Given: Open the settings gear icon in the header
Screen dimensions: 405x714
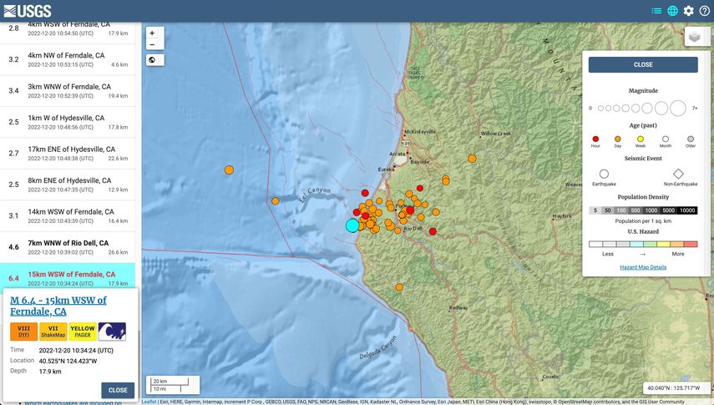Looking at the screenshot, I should (688, 11).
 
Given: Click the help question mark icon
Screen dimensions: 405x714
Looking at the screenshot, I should (705, 11).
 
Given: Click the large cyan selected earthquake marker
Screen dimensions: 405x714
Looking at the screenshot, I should (352, 225).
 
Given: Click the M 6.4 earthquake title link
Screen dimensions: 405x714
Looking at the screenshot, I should (58, 306).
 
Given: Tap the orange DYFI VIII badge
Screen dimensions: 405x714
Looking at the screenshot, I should (23, 332).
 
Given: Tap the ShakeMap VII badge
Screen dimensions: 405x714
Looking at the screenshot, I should (53, 332).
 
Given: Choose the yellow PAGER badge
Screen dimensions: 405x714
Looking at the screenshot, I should (82, 332).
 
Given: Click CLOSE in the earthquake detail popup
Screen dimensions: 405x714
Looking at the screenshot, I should (118, 390).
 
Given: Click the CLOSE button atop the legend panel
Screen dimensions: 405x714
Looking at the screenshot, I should (643, 64).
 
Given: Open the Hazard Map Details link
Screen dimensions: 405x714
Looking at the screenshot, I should (643, 267).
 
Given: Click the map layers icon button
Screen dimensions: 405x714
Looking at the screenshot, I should (694, 37).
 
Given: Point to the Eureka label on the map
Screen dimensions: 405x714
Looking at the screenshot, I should (387, 170).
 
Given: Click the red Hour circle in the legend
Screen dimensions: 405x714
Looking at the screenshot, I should (595, 139).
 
